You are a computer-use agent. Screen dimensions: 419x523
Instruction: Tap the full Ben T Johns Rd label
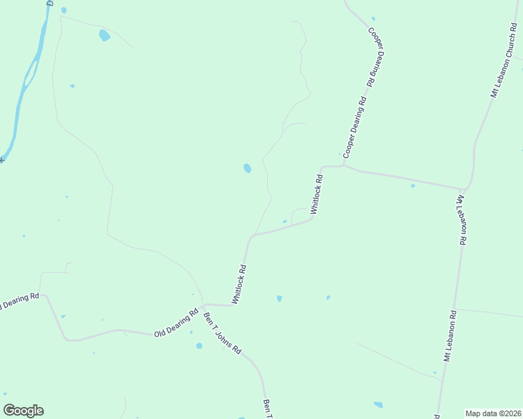pyautogui.click(x=222, y=332)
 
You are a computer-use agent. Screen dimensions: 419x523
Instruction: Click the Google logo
pyautogui.click(x=23, y=411)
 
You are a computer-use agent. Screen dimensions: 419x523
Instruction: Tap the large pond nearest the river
pyautogui.click(x=104, y=35)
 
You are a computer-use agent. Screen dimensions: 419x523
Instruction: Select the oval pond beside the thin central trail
pyautogui.click(x=247, y=168)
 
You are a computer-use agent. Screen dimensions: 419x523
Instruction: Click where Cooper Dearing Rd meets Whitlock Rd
pyautogui.click(x=344, y=166)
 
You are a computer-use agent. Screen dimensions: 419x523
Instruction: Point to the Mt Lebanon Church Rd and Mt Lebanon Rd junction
pyautogui.click(x=463, y=189)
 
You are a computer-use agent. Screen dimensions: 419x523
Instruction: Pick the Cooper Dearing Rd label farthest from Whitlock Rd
pyautogui.click(x=376, y=57)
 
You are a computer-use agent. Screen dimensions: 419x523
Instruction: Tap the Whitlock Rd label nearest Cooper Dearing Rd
pyautogui.click(x=317, y=194)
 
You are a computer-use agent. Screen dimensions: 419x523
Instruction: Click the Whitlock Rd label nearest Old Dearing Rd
pyautogui.click(x=240, y=284)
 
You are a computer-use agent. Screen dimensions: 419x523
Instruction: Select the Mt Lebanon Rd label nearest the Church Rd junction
pyautogui.click(x=461, y=220)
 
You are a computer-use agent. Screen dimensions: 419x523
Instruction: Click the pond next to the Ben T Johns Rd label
pyautogui.click(x=199, y=346)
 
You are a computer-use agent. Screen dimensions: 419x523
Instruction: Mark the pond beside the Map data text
pyautogui.click(x=378, y=404)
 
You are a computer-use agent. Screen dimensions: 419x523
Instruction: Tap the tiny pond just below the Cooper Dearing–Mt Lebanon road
pyautogui.click(x=413, y=186)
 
